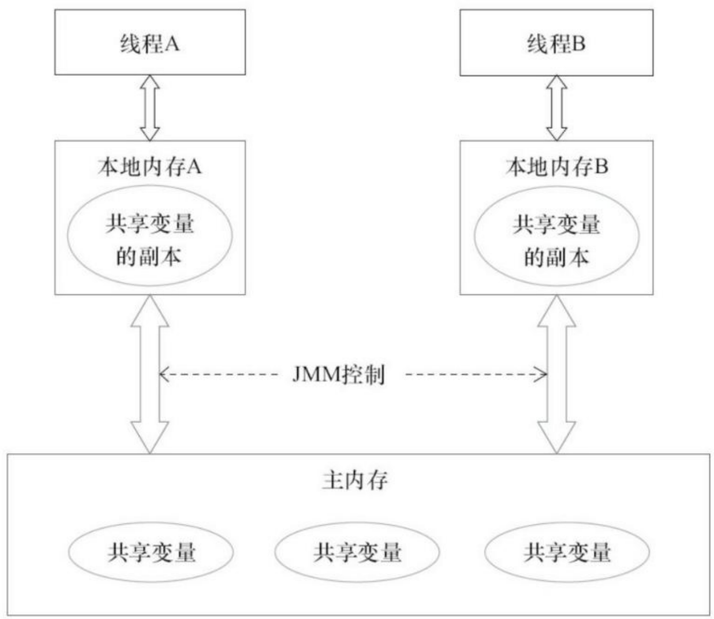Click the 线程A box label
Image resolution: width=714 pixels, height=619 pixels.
(149, 44)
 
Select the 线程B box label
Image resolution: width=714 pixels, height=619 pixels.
(556, 44)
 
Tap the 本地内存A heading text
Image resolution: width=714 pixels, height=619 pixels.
(149, 167)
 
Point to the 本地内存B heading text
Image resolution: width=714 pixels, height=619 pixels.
(557, 167)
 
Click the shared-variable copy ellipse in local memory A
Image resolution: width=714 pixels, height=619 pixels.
(150, 236)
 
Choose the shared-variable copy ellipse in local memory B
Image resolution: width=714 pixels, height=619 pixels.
(557, 236)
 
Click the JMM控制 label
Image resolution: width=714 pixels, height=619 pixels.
(339, 375)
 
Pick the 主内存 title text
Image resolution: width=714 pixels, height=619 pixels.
(355, 480)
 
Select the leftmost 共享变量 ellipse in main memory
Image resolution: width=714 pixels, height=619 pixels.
(151, 552)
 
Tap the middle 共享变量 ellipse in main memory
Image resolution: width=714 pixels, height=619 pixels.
(357, 552)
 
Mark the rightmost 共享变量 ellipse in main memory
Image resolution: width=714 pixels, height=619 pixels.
(567, 552)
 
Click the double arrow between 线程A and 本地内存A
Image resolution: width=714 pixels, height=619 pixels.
(150, 108)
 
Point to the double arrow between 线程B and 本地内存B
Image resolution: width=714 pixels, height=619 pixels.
(557, 108)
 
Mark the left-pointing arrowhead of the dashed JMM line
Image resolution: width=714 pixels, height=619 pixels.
(163, 375)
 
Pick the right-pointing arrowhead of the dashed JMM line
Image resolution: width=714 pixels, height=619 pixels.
(544, 375)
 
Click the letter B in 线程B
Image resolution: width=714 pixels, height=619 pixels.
(579, 44)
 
